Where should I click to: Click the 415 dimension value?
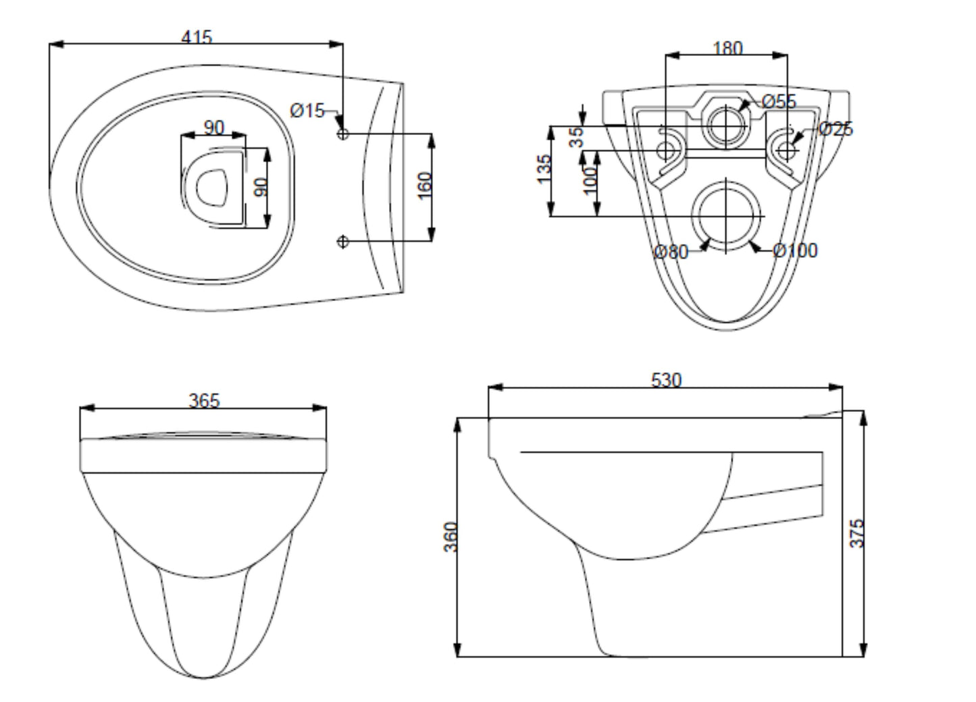pos(197,36)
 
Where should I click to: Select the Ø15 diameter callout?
pos(308,110)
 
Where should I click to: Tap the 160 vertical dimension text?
pos(424,186)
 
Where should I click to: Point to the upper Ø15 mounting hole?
pos(342,134)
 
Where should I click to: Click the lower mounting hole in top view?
pos(342,241)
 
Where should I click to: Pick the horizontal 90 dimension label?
pos(213,127)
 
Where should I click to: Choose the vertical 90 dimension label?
pos(261,186)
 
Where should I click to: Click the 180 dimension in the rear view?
pos(727,48)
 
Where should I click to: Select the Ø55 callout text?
pos(779,102)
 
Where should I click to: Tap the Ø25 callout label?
pos(836,128)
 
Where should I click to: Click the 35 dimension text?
pos(575,137)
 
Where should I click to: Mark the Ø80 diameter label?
pos(671,252)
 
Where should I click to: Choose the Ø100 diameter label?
pos(796,250)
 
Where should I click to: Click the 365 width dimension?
pos(203,400)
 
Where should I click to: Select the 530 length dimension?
pos(666,380)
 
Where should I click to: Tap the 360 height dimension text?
pos(451,537)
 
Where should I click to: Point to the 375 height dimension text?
pos(856,533)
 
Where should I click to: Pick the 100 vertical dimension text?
pos(590,180)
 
